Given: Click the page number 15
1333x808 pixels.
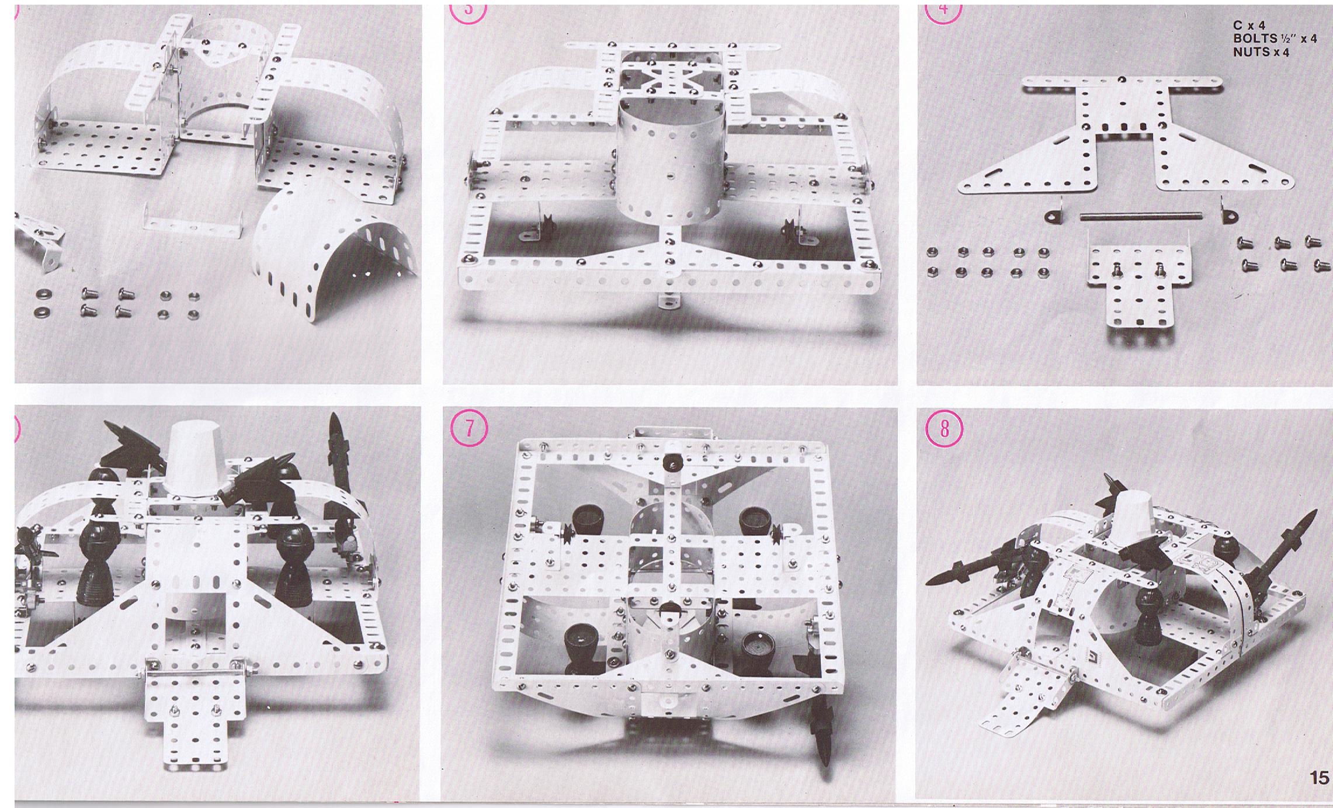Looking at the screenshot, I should tap(1319, 778).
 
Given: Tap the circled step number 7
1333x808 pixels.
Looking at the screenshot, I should tap(468, 429).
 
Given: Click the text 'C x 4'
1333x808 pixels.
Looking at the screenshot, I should tap(1249, 26).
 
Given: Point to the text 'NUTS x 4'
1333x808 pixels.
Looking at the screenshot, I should tap(1261, 52).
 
